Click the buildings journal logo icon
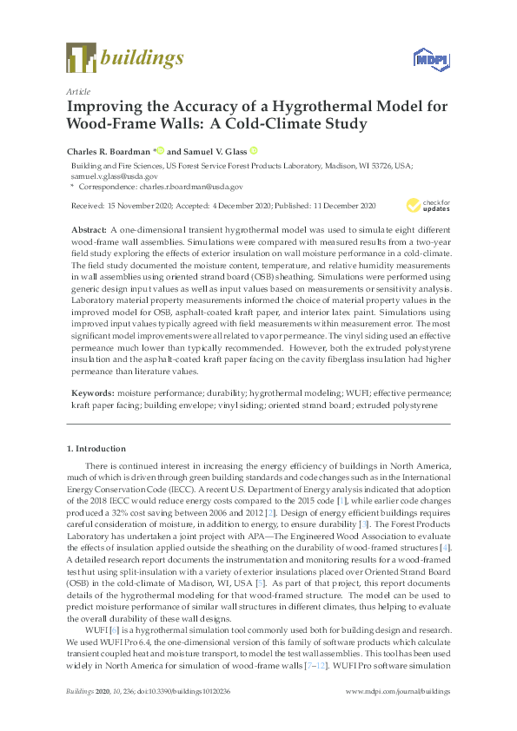point(81,58)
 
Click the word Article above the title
point(78,90)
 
